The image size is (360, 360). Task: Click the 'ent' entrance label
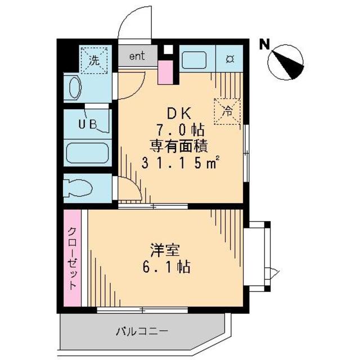pyautogui.click(x=137, y=56)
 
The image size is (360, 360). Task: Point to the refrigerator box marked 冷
pyautogui.click(x=228, y=110)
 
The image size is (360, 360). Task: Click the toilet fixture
pyautogui.click(x=79, y=187)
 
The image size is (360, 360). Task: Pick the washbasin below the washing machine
pyautogui.click(x=75, y=88)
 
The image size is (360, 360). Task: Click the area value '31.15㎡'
pyautogui.click(x=180, y=164)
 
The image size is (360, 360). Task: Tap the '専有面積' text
pyautogui.click(x=179, y=146)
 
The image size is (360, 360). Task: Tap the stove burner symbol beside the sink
pyautogui.click(x=231, y=59)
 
